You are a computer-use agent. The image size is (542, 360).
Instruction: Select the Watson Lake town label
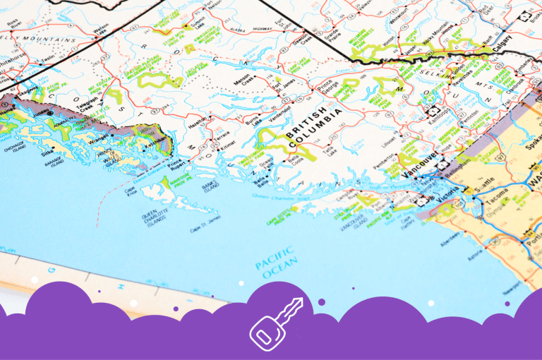(102, 28)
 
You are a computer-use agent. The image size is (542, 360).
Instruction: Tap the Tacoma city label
(500, 202)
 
